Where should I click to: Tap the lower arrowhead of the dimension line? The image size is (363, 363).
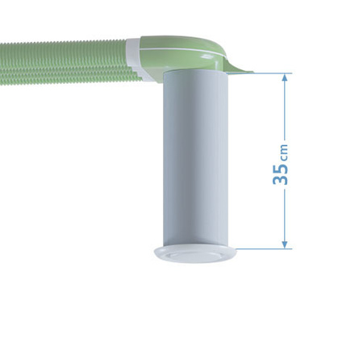pos(284,243)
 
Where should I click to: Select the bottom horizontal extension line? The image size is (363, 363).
pos(262,248)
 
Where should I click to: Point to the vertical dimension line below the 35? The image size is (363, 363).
pos(284,214)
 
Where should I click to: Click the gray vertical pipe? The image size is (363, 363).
pos(198,161)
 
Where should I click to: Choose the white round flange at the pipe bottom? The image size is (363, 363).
pos(198,253)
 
